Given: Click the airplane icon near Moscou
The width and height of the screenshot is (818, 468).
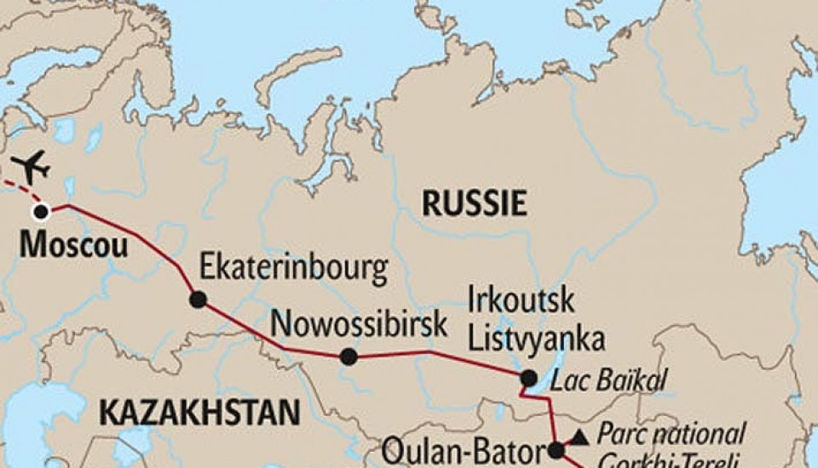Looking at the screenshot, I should point(32,166).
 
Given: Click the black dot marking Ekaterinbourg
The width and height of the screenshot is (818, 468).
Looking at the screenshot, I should point(198,300).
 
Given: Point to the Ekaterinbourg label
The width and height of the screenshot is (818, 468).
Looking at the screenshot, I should point(293,270).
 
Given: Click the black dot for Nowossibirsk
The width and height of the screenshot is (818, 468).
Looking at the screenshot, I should point(349,357).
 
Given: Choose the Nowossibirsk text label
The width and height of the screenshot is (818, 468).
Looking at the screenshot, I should point(359,325).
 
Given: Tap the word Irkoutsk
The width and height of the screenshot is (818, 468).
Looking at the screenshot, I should point(521,301).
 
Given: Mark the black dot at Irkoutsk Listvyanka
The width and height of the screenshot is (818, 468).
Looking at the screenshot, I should point(529,378).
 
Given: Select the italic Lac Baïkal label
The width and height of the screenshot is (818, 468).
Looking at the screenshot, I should point(608,380).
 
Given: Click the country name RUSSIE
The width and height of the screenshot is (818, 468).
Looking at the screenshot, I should point(475,203).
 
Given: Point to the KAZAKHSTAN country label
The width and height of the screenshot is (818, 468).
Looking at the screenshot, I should point(199,413).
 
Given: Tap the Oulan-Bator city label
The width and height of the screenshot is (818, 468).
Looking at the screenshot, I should point(463,449).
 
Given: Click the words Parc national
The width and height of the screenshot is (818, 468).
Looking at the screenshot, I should point(671,433).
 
